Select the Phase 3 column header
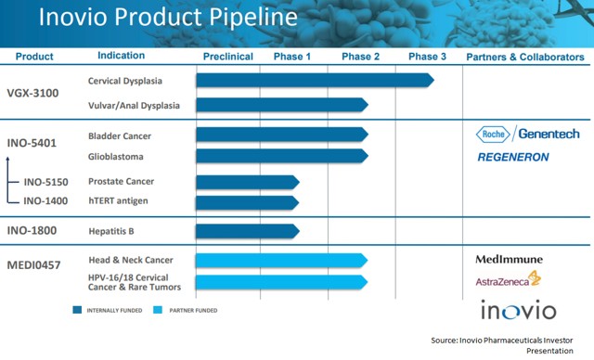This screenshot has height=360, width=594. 427,57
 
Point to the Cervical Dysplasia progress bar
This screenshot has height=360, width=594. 315,81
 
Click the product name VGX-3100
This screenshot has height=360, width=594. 34,94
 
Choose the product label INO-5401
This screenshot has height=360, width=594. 33,144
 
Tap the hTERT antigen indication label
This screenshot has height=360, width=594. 118,200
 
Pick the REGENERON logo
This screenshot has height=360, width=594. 513,157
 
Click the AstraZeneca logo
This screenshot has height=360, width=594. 508,278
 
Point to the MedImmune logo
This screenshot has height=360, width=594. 509,259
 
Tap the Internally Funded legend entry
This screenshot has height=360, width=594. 110,310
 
